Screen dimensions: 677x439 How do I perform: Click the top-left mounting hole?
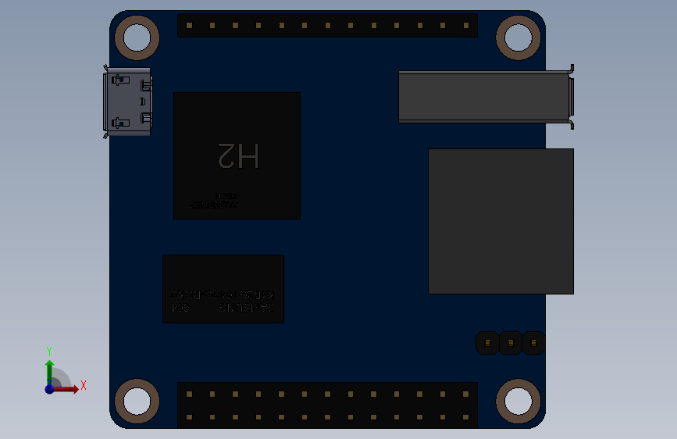click(137, 37)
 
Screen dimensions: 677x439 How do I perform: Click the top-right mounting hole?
click(518, 37)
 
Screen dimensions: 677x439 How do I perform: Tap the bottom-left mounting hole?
click(137, 401)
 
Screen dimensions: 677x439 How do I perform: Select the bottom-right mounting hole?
click(518, 401)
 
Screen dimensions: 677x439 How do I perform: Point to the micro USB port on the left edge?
click(127, 102)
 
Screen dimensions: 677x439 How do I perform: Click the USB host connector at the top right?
click(484, 97)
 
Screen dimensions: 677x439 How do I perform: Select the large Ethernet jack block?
click(501, 221)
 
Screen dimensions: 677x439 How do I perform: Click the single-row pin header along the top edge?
click(327, 25)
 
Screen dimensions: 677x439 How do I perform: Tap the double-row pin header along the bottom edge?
click(327, 405)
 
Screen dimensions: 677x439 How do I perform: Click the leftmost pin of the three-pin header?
click(488, 342)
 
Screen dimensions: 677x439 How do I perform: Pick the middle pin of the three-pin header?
click(511, 342)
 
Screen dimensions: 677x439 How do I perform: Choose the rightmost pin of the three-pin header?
click(533, 342)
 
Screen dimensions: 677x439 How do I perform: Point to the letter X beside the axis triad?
click(83, 385)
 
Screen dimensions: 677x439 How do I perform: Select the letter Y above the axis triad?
click(49, 352)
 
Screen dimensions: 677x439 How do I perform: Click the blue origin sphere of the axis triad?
click(49, 388)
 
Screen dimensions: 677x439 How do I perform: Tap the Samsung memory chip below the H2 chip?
click(223, 288)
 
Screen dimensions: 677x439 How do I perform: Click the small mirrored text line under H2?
click(212, 205)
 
